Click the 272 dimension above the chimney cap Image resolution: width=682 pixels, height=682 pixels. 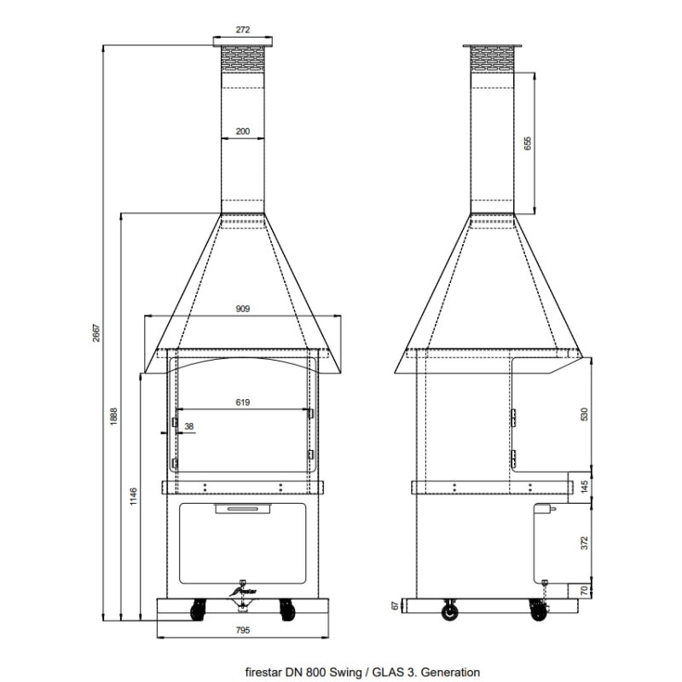point(243,30)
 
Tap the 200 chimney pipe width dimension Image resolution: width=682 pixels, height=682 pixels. point(243,131)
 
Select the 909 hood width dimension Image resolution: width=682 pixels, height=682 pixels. point(243,311)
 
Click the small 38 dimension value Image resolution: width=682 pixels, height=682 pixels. point(188,427)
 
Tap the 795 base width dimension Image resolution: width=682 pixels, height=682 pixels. point(243,632)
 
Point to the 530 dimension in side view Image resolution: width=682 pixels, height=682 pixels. point(584,413)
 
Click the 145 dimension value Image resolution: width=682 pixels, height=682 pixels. point(584,486)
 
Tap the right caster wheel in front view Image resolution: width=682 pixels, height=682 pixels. point(286,609)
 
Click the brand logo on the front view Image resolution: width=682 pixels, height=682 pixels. point(244,589)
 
